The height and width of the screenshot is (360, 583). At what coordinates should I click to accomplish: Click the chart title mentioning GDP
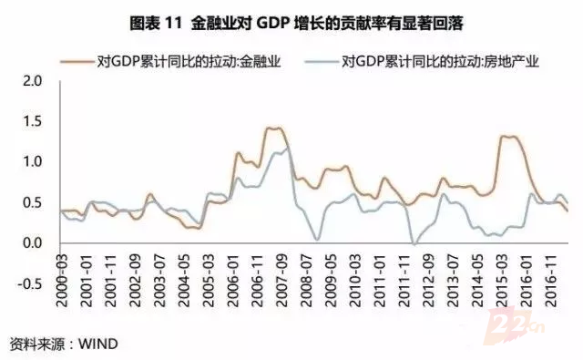pos(296,24)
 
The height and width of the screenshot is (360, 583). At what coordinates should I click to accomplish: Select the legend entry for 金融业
pos(170,61)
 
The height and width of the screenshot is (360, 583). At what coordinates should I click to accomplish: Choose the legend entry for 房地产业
pos(422,61)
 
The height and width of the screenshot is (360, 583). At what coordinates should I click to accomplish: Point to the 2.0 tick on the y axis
pos(33,81)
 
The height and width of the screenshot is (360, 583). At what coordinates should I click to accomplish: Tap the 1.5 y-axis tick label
pos(33,121)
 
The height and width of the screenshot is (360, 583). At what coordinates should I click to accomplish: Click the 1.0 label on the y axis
pos(33,162)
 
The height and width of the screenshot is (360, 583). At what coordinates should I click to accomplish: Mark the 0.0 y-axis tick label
pos(33,243)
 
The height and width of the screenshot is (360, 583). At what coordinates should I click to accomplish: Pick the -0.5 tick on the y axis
pos(30,283)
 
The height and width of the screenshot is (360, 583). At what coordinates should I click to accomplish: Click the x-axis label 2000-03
pos(62,281)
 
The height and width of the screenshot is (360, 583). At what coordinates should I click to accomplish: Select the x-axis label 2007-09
pos(281,281)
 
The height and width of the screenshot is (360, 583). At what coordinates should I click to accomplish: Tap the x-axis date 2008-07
pos(306,281)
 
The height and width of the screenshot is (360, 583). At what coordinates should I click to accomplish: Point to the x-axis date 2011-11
pos(404,281)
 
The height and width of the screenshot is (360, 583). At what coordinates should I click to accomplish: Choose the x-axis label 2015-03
pos(501,281)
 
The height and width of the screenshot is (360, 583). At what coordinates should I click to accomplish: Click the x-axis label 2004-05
pos(184,281)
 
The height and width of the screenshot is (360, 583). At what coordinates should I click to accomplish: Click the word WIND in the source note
pos(98,344)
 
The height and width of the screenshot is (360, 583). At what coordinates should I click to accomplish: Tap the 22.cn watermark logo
pos(515,324)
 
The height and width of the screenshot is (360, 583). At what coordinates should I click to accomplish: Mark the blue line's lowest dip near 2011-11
pos(414,244)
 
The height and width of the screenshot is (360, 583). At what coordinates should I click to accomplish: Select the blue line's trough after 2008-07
pos(317,239)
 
